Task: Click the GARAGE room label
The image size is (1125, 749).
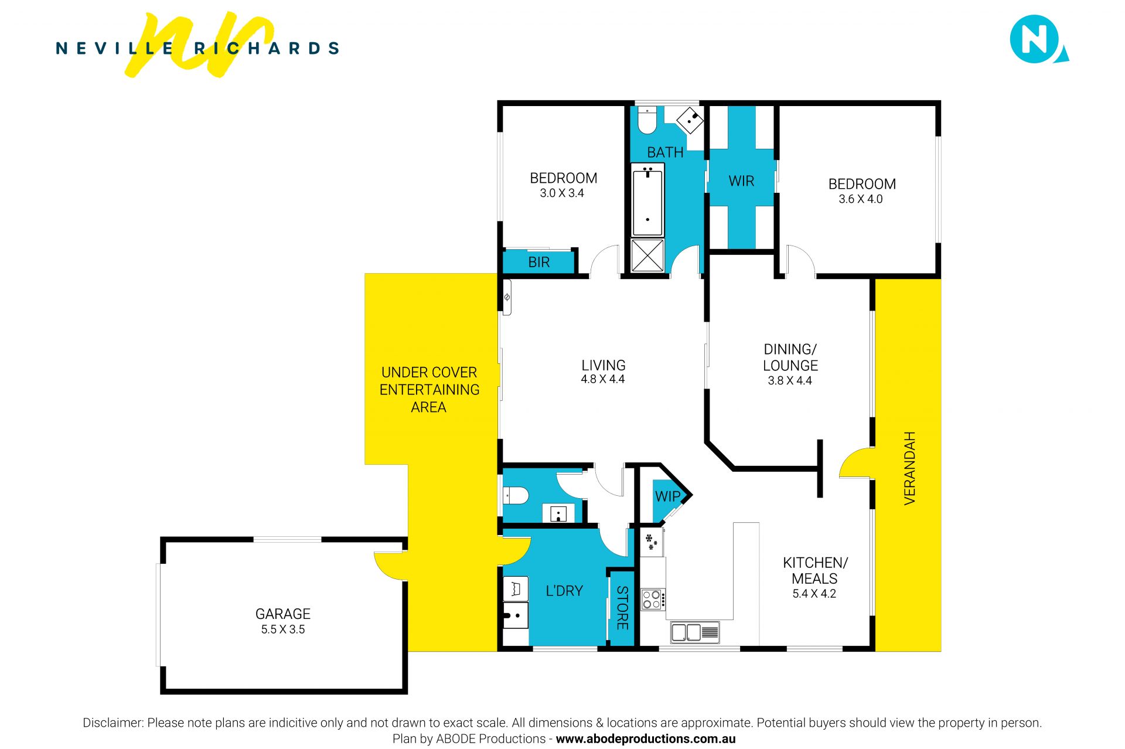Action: pos(282,614)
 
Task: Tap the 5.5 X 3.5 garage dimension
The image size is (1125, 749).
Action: pos(282,629)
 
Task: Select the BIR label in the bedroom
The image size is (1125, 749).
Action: pos(539,262)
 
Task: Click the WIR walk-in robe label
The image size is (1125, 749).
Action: pos(741,181)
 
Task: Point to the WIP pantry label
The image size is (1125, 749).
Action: pos(667,496)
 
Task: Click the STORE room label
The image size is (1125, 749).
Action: pos(622,608)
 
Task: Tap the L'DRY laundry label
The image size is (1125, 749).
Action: pos(564,591)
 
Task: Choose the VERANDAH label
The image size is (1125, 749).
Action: pos(909,468)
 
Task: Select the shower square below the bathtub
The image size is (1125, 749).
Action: pos(647,256)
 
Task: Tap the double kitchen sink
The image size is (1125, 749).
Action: pos(695,632)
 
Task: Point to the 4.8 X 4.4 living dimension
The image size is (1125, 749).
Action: pos(602,379)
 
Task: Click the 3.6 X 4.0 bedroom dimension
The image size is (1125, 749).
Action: pos(860,199)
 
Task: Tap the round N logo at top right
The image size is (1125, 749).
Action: pos(1037,39)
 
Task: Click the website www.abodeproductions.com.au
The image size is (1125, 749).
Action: pos(645,739)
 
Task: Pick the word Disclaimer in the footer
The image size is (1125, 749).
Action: pos(112,723)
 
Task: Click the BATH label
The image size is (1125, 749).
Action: pos(665,152)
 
